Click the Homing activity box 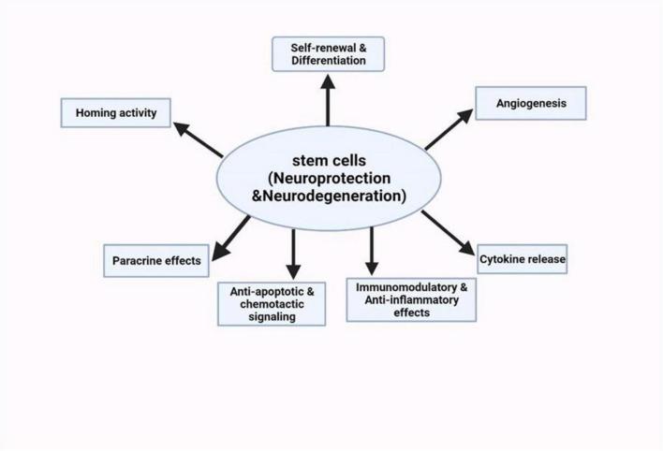pyautogui.click(x=116, y=115)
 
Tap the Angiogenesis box pyautogui.click(x=530, y=103)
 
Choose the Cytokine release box pyautogui.click(x=523, y=258)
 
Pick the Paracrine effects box pyautogui.click(x=154, y=260)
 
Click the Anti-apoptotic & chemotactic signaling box pyautogui.click(x=272, y=303)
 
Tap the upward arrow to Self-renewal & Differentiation pyautogui.click(x=327, y=100)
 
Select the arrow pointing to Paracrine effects pyautogui.click(x=231, y=237)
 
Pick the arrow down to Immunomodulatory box pyautogui.click(x=372, y=250)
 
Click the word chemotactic pyautogui.click(x=271, y=304)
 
